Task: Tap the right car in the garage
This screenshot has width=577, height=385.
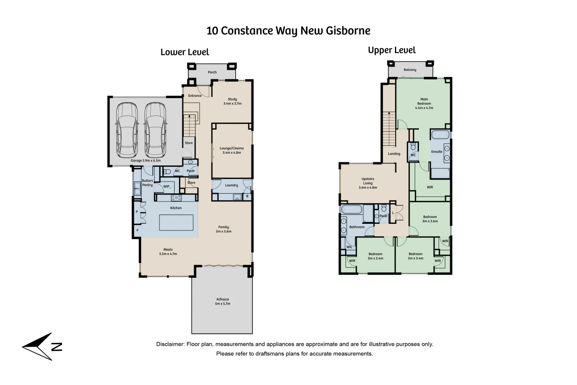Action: click(155, 130)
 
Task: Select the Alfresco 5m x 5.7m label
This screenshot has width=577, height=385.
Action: click(223, 302)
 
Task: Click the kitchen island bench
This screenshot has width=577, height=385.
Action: click(176, 223)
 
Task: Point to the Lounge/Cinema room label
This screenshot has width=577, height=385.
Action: click(232, 150)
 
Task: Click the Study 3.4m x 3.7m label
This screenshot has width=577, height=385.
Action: click(232, 101)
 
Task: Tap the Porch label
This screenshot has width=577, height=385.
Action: click(212, 72)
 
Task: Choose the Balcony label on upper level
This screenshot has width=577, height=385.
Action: click(410, 70)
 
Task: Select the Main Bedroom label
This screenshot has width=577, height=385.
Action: click(424, 103)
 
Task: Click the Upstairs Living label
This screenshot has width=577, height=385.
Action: click(368, 183)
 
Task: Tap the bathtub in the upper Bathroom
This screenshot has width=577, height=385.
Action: click(352, 209)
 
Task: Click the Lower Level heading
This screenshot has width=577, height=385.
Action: click(185, 52)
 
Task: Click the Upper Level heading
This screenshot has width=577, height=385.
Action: click(392, 50)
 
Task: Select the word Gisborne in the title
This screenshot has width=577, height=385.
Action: click(348, 31)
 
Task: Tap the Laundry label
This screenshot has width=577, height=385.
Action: click(232, 185)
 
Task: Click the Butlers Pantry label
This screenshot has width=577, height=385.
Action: click(147, 183)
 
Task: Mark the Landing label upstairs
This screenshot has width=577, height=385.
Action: click(394, 154)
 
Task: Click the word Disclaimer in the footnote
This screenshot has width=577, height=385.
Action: click(170, 344)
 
